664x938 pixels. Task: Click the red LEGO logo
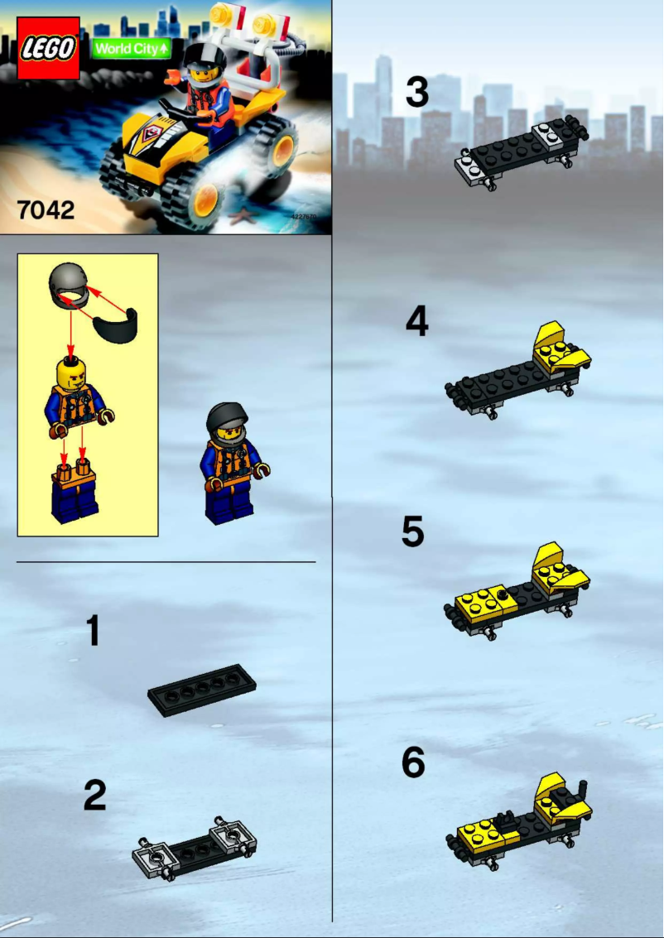tap(49, 49)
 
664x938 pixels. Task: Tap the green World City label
tap(132, 49)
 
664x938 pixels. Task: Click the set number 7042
tap(46, 209)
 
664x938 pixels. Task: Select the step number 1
tap(94, 631)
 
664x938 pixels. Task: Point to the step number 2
tap(94, 796)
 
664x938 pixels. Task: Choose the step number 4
tap(416, 322)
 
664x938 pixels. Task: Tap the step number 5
tap(413, 532)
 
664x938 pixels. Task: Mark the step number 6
tap(413, 763)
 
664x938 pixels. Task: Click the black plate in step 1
tap(201, 689)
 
